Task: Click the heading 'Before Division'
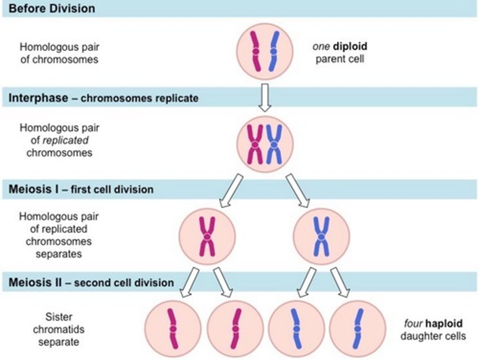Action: pos(52,8)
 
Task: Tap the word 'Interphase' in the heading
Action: pos(38,98)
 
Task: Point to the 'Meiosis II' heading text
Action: pos(35,282)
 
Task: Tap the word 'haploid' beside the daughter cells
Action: pos(444,323)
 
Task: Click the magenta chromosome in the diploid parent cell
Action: pos(256,52)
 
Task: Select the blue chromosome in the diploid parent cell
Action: pos(274,52)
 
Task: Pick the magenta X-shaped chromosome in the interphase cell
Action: pos(255,144)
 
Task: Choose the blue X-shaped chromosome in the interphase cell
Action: pos(274,144)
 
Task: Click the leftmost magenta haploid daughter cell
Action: pos(173,329)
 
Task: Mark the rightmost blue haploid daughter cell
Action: pos(358,329)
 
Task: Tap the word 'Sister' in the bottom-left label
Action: pos(59,317)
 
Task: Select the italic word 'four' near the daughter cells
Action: pos(413,323)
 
